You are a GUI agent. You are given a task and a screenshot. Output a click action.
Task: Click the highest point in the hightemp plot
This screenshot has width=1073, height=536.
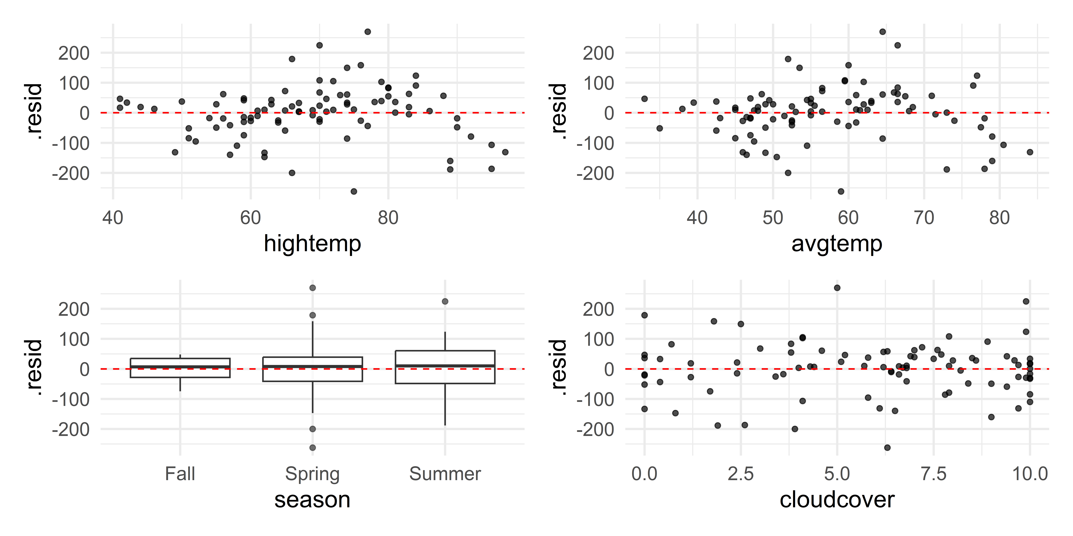[367, 32]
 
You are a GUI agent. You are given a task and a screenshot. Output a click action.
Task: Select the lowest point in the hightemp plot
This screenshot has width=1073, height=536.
[354, 191]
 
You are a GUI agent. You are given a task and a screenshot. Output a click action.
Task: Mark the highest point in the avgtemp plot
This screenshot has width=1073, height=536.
[882, 32]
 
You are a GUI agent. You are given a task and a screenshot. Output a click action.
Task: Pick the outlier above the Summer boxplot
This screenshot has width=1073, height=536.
[445, 301]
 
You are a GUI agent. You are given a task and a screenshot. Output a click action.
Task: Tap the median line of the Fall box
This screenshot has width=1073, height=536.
[180, 367]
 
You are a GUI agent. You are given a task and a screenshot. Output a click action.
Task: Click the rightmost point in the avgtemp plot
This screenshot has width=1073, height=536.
[1030, 152]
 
